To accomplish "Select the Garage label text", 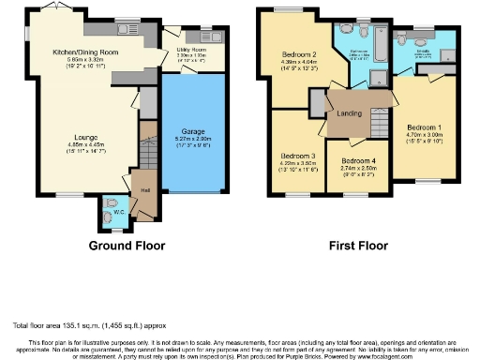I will [x=192, y=131].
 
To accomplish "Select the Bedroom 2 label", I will [x=300, y=54].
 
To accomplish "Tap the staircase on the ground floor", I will [x=146, y=152].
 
